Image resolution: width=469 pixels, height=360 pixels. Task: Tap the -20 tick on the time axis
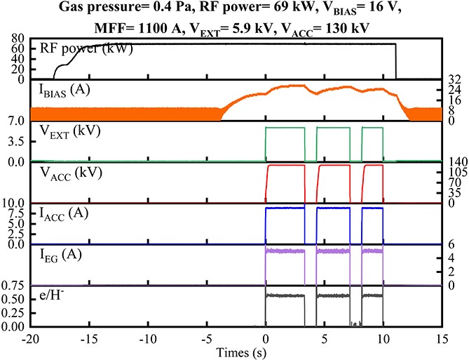(29, 338)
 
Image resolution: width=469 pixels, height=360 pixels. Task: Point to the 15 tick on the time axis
(442, 338)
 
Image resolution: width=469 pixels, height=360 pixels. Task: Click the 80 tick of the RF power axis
(20, 38)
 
